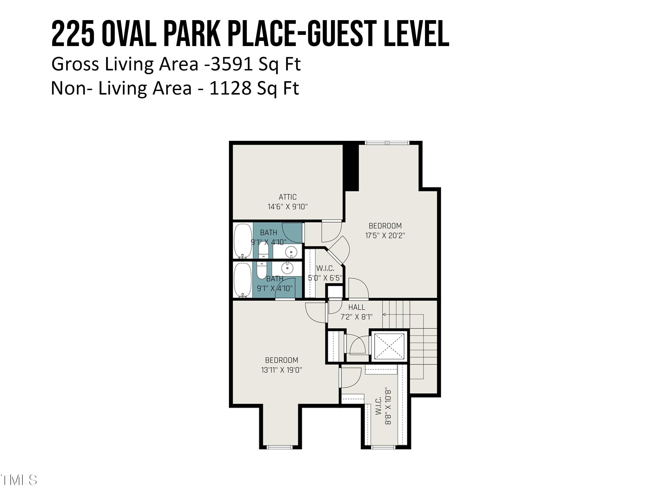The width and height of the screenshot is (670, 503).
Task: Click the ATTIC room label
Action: click(x=287, y=197)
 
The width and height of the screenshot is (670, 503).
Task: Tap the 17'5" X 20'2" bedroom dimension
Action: click(x=385, y=236)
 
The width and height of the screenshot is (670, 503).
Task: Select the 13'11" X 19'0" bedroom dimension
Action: click(x=282, y=370)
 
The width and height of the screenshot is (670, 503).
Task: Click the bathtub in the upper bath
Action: click(x=243, y=241)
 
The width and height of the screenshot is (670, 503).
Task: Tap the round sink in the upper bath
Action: click(x=291, y=252)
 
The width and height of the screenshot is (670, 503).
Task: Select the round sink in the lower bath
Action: click(x=287, y=268)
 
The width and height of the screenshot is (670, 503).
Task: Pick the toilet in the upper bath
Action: click(x=263, y=250)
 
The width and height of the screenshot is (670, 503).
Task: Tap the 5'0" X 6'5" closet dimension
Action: click(x=325, y=278)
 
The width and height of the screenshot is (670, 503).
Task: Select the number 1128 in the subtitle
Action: click(x=230, y=88)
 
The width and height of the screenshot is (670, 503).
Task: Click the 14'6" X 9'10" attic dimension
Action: click(x=287, y=207)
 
